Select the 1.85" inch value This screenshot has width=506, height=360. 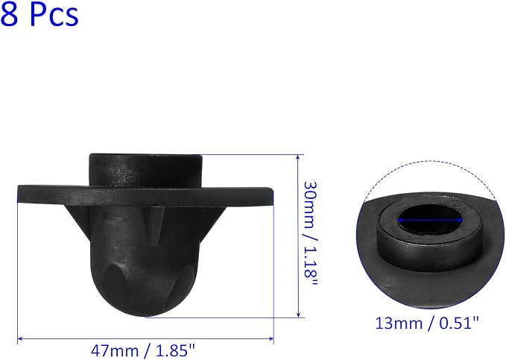tap(176, 350)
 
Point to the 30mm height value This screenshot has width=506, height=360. tap(311, 205)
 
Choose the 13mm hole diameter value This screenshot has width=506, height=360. tap(399, 323)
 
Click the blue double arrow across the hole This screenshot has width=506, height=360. tap(430, 221)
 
